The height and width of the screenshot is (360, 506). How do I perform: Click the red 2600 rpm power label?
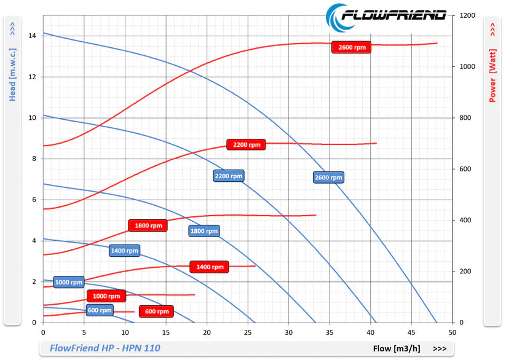point(352,47)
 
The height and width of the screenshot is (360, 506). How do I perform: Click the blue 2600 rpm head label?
point(328,178)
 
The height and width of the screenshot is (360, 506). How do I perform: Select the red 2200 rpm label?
point(246,145)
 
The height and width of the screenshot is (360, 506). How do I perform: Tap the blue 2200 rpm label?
point(229,176)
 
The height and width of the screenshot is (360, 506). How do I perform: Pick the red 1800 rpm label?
point(148,225)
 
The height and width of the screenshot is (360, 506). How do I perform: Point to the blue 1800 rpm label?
point(204,231)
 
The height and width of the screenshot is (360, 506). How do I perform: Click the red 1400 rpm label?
point(210,267)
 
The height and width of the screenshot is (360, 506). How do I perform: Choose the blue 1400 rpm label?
point(124,250)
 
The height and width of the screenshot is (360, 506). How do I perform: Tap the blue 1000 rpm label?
point(68,282)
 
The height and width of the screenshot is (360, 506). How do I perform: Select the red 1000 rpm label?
point(106,296)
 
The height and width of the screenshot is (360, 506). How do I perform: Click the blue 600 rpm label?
point(100,310)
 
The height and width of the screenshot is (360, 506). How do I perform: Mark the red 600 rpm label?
point(157,311)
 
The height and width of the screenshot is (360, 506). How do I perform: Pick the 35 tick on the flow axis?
point(330,332)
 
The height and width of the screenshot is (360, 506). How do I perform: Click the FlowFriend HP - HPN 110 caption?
point(105,348)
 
